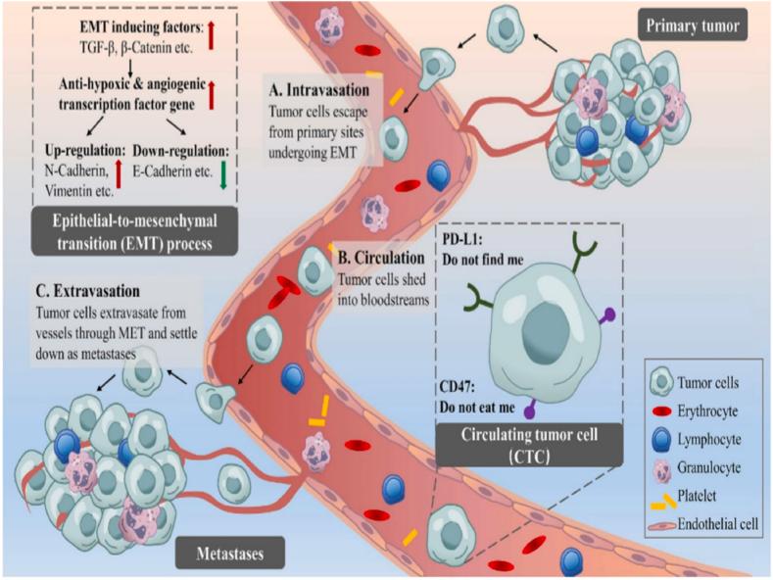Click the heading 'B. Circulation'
[383, 259]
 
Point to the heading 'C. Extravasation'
[83, 292]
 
